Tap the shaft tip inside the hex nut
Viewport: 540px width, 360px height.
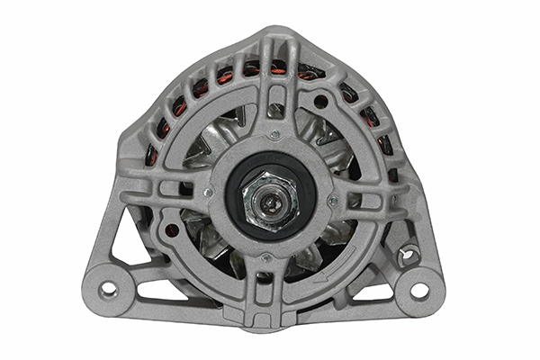pos(270,194)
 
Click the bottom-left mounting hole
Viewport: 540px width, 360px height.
pos(109,290)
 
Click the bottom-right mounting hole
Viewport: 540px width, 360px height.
pos(419,290)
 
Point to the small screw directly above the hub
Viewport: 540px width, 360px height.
pos(274,135)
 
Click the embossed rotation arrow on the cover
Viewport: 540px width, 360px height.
pos(335,261)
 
